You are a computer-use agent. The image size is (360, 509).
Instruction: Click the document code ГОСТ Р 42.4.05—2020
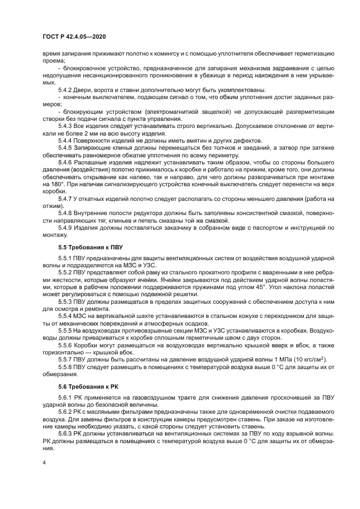tap(74, 36)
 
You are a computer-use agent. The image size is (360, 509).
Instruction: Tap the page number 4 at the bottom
tap(45, 461)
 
